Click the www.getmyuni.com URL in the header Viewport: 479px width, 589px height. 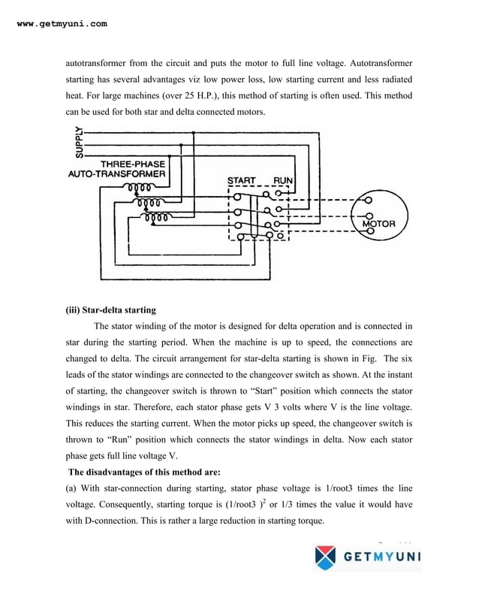62,24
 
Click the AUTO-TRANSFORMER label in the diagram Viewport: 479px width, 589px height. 115,174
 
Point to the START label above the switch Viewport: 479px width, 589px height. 241,181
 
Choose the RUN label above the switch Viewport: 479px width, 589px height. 283,181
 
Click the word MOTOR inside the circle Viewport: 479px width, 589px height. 384,223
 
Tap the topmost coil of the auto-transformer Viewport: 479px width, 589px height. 142,188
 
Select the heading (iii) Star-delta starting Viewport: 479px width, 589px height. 113,310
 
